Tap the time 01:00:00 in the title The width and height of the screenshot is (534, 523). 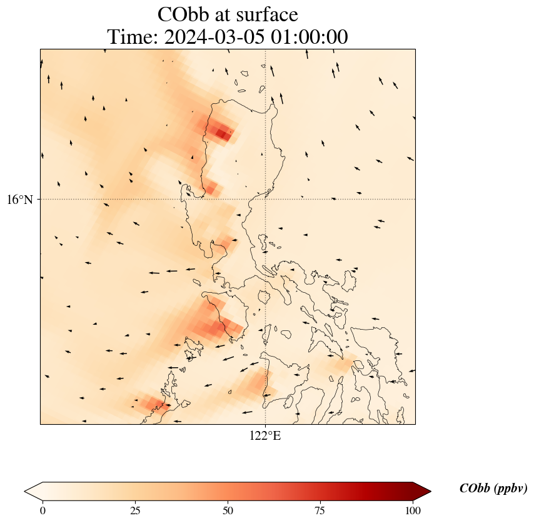point(308,37)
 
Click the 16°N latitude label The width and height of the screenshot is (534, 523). point(23,200)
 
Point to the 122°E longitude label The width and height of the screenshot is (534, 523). point(265,436)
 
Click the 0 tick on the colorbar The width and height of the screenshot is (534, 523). point(43,510)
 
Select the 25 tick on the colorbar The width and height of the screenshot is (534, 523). point(134,510)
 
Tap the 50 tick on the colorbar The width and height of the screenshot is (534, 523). point(228,510)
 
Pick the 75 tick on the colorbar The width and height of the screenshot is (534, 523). point(320,510)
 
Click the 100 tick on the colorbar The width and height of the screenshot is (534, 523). point(412,510)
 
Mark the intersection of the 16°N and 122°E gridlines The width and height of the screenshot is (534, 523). point(266,199)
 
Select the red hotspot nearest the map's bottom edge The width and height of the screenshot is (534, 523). point(151,404)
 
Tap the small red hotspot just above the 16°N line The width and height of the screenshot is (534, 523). point(211,187)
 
